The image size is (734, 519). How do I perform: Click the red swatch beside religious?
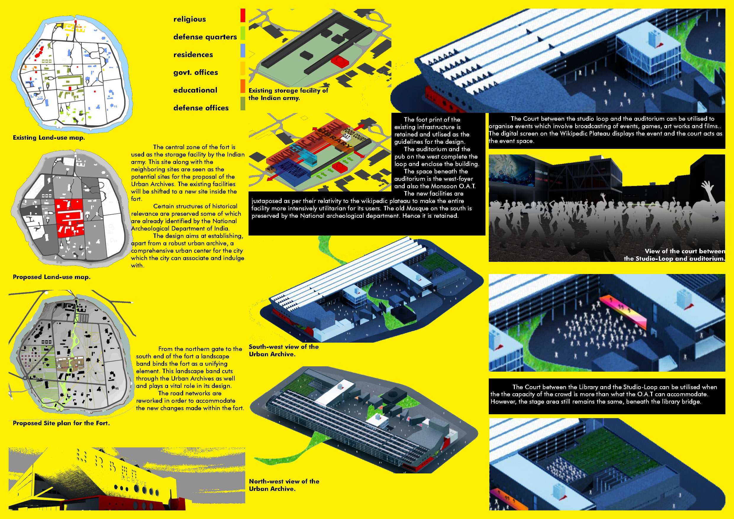coord(243,15)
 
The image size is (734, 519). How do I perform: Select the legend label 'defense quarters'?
coord(205,37)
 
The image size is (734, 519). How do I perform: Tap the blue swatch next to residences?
coord(243,51)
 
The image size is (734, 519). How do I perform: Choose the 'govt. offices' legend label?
coord(195,72)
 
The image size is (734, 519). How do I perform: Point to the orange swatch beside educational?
coord(243,86)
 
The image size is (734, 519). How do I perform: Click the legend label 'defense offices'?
coord(201,108)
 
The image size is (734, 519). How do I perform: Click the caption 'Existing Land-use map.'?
coord(49,138)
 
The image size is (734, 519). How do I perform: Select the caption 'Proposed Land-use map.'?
coord(51,277)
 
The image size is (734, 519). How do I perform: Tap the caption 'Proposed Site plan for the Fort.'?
coord(61,423)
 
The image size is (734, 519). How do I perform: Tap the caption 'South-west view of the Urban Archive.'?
coord(283,350)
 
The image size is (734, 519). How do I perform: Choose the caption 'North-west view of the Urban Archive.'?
coord(284,485)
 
